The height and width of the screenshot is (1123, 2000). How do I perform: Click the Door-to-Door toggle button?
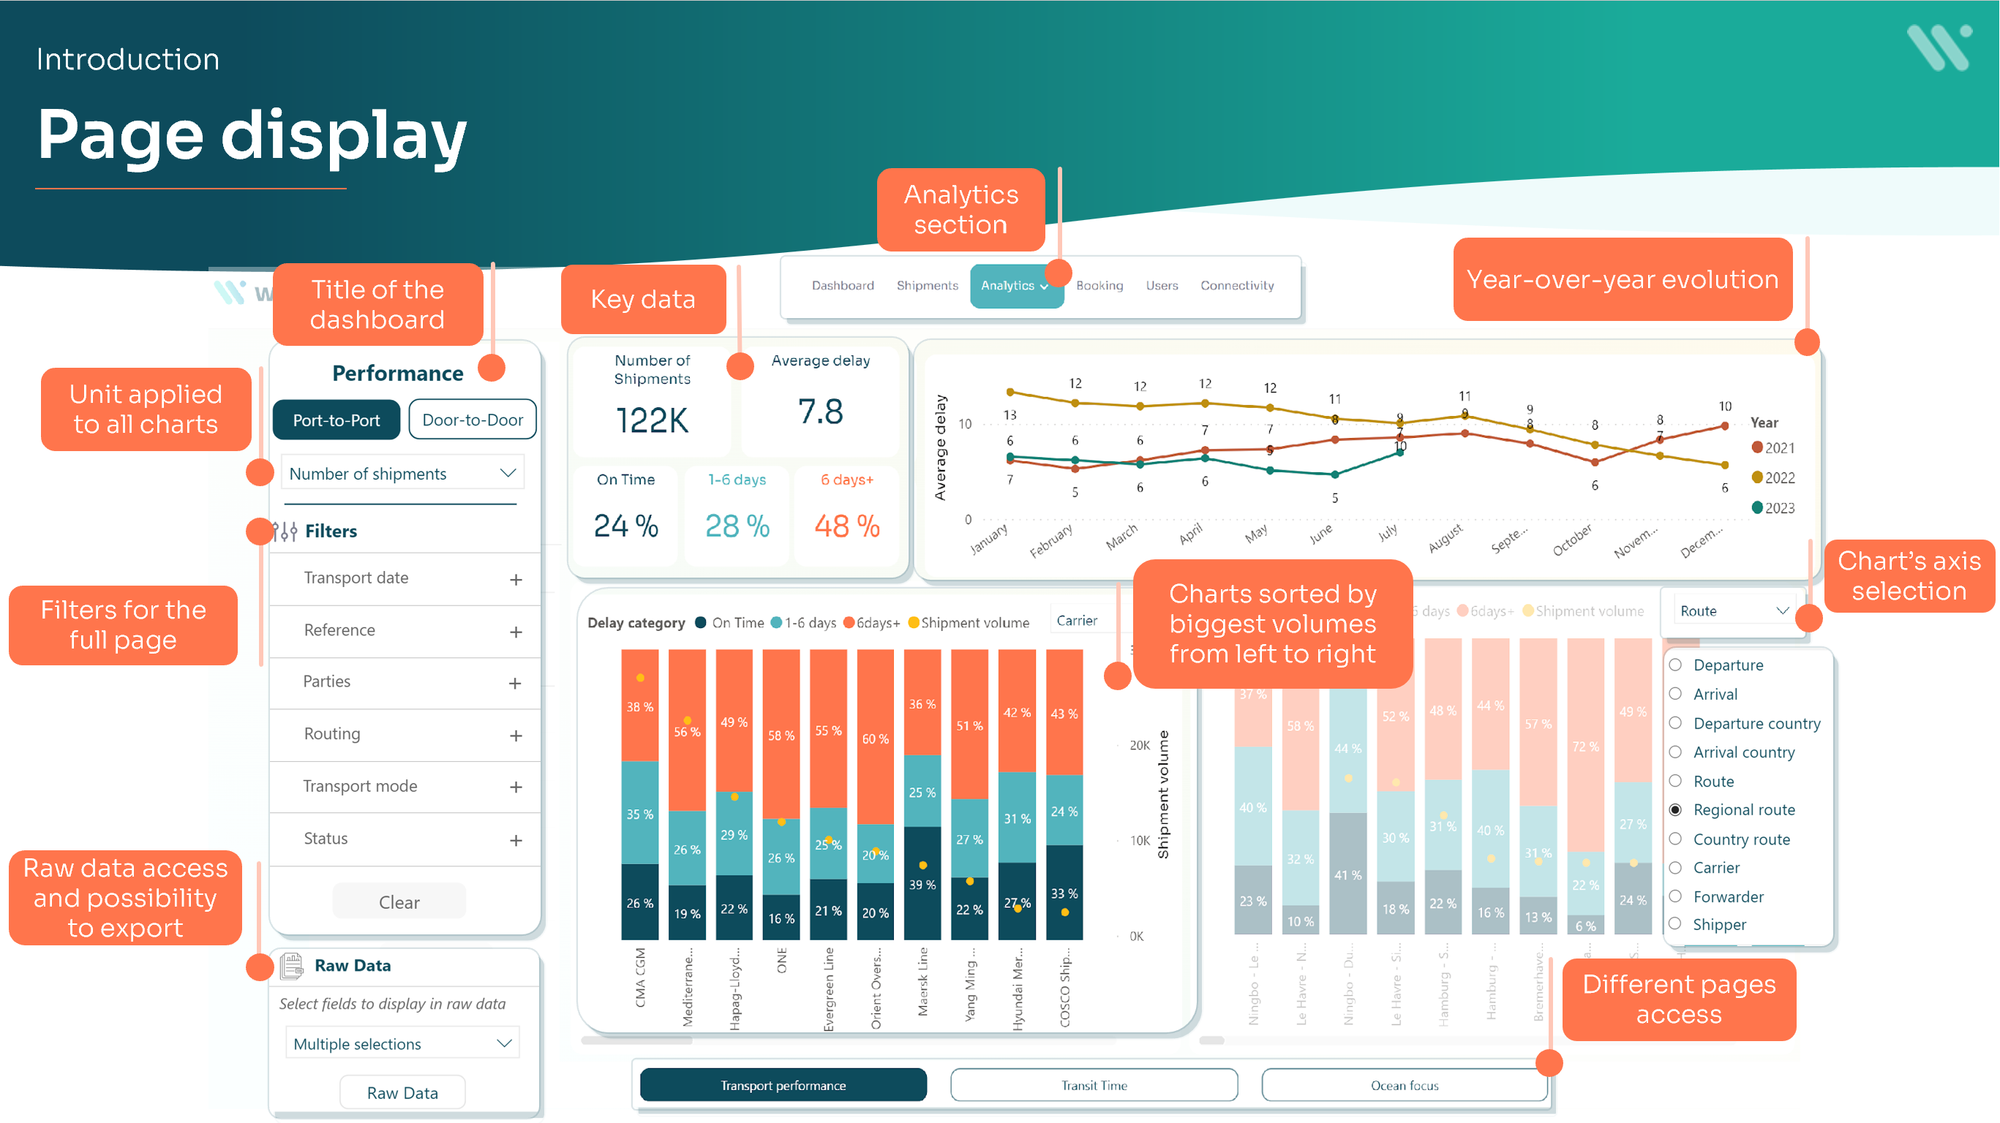(472, 420)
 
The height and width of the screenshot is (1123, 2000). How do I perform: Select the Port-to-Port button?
(337, 420)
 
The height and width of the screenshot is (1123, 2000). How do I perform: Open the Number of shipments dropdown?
(402, 474)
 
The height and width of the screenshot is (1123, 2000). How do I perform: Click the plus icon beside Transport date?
(516, 580)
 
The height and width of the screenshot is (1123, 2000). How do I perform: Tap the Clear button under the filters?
(399, 901)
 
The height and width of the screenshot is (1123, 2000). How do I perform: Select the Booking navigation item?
(1099, 286)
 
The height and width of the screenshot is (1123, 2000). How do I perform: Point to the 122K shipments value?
(653, 420)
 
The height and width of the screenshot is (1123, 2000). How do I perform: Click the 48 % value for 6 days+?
(847, 526)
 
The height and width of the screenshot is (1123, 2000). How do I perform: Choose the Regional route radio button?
(1675, 810)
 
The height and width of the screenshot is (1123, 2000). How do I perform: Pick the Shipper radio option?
(1675, 923)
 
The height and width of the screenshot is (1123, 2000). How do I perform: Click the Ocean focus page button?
(1404, 1085)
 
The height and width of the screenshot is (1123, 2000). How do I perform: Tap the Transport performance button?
(783, 1085)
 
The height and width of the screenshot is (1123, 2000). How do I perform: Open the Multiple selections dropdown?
(402, 1044)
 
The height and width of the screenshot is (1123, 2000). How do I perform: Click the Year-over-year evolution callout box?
(1622, 279)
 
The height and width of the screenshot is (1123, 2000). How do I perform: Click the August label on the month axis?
(1445, 537)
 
